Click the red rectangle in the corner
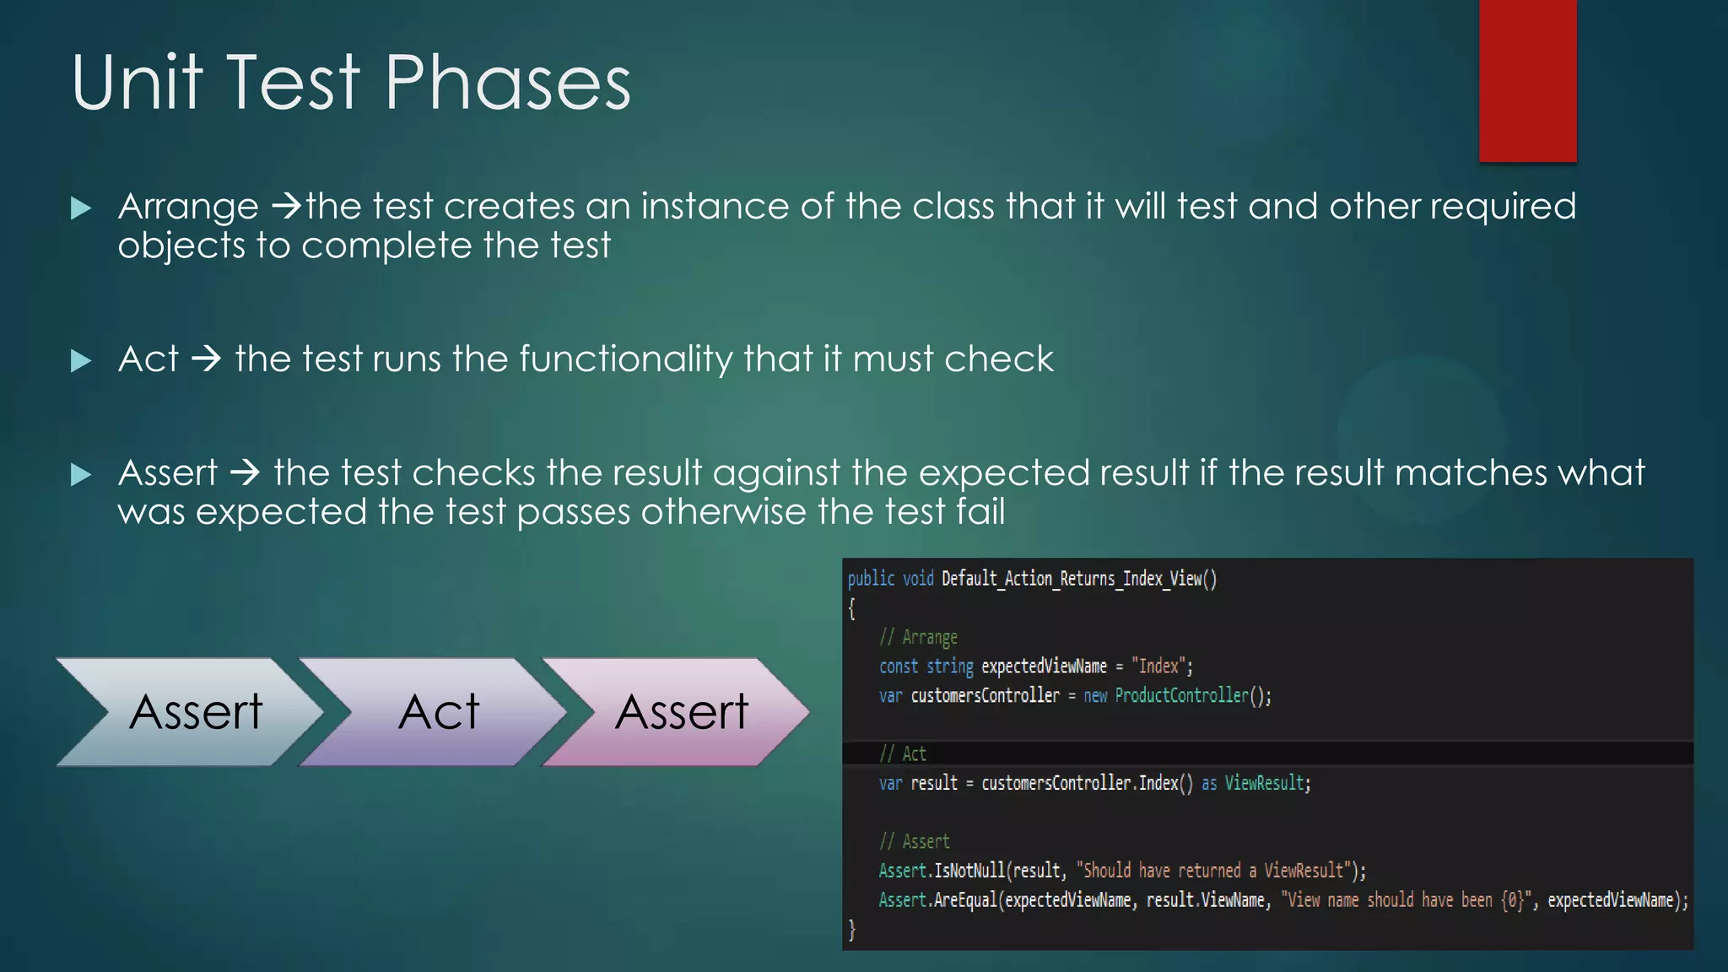coord(1527,80)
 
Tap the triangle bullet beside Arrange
coord(81,208)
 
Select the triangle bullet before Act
coord(81,361)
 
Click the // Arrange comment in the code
coord(918,637)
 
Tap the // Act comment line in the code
coord(903,753)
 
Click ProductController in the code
coord(1181,695)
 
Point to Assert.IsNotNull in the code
coord(942,870)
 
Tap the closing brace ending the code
coord(852,930)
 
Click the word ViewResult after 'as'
coord(1264,783)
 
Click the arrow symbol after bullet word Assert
coord(245,473)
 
